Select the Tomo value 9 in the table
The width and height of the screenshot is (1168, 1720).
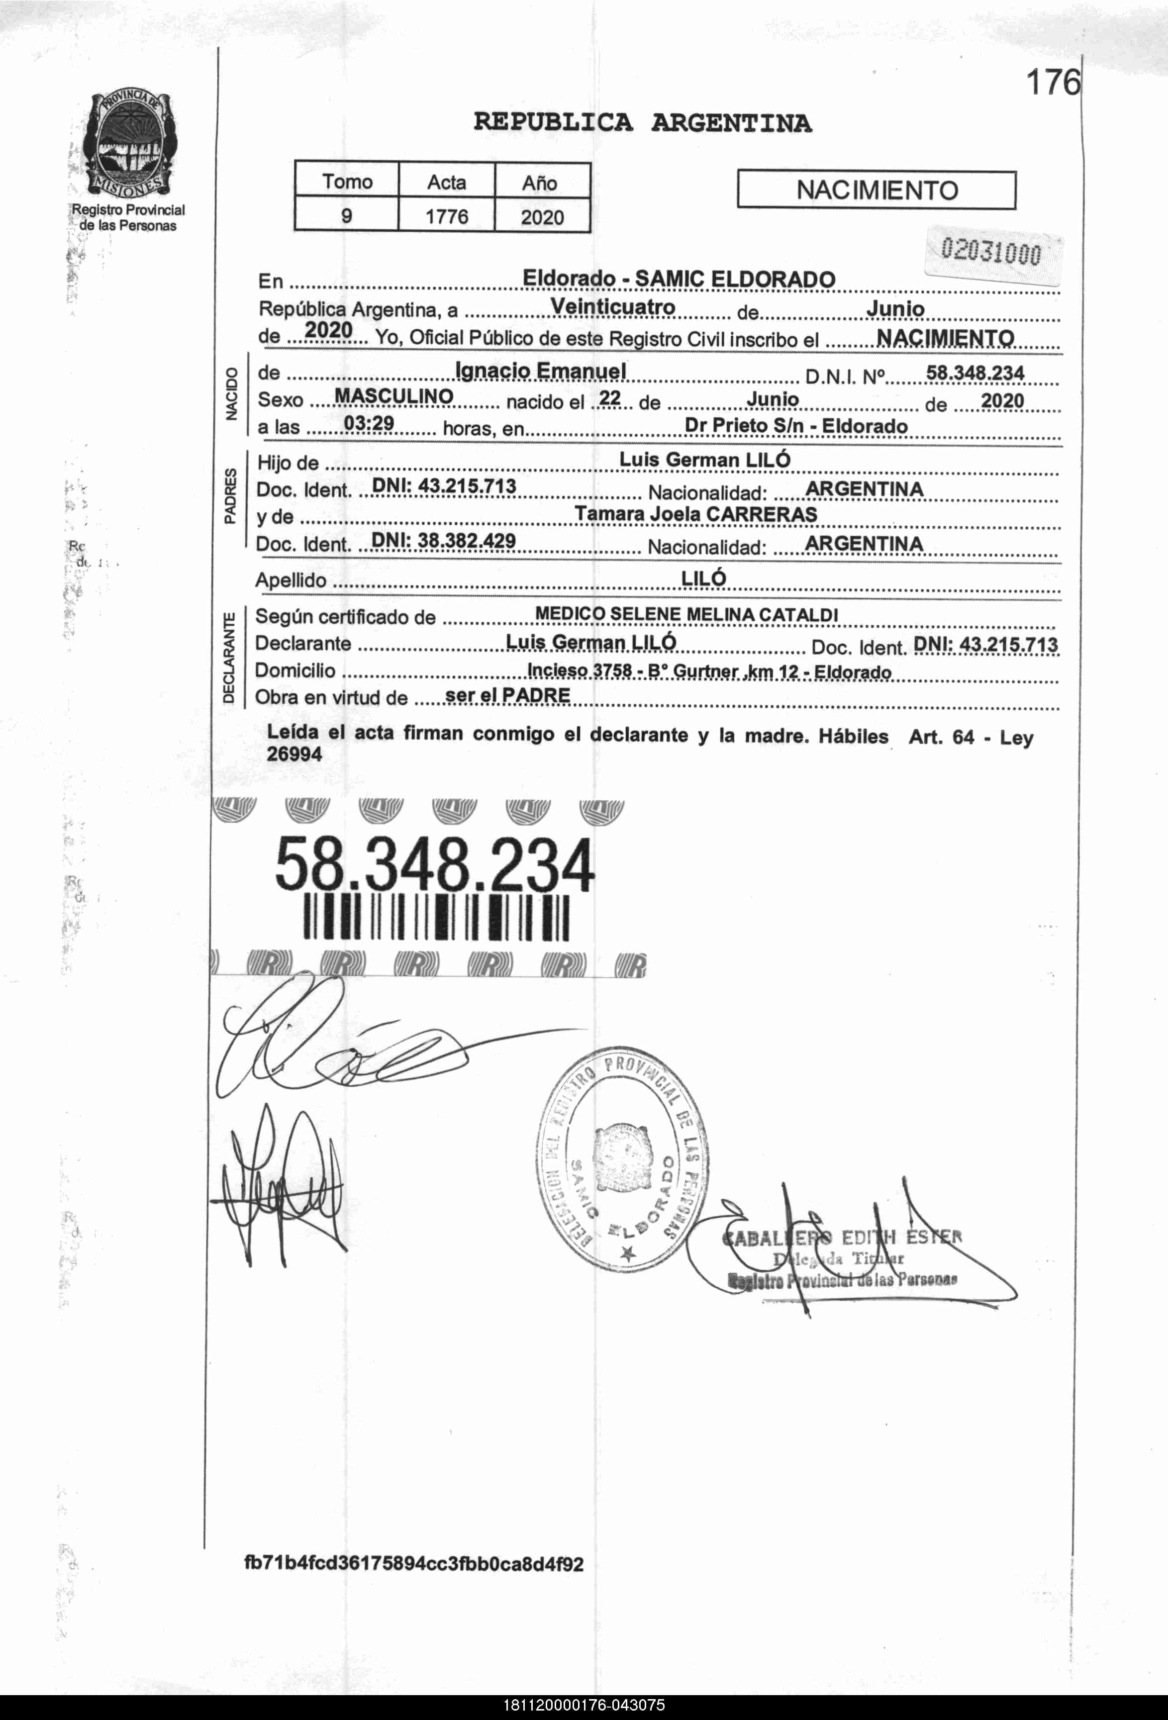pos(346,216)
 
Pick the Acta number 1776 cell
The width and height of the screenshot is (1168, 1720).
pos(446,216)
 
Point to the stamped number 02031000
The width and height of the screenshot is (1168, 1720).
pos(990,253)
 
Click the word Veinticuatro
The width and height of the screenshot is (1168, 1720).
pos(612,306)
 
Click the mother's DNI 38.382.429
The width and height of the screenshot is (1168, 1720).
pos(443,541)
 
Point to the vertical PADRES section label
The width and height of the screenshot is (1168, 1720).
pos(230,496)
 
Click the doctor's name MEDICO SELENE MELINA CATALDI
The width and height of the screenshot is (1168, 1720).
pos(685,614)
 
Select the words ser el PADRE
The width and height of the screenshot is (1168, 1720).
pos(508,696)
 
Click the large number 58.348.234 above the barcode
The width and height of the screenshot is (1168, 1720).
pos(434,864)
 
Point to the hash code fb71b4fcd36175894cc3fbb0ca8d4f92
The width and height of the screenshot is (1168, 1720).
pos(414,1564)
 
